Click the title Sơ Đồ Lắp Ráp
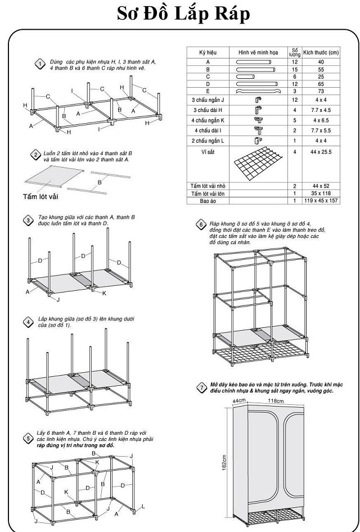point(183,15)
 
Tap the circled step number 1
point(40,64)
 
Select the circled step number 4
point(28,322)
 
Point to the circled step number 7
point(201,387)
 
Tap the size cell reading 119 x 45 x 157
point(321,200)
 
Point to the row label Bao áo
point(208,200)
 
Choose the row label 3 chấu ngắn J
point(208,100)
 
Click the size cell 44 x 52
point(321,186)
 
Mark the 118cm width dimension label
point(276,401)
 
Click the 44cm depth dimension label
point(240,400)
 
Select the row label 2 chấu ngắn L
point(208,140)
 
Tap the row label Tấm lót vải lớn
point(208,193)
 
